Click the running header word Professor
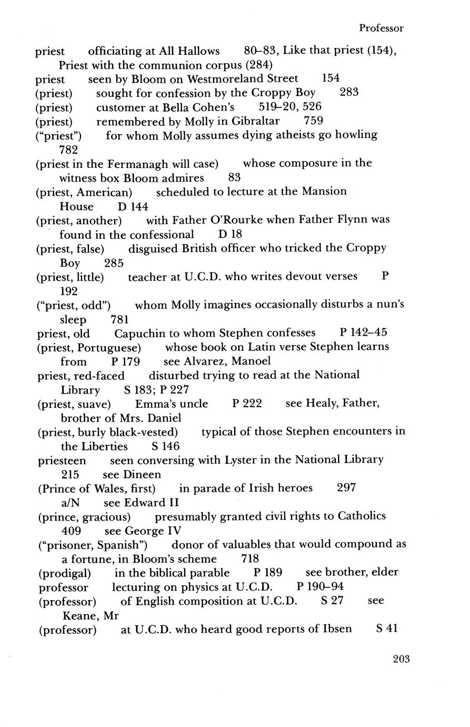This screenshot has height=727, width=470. pyautogui.click(x=382, y=28)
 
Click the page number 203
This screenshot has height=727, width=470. pyautogui.click(x=401, y=658)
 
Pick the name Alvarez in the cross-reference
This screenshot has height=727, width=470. pyautogui.click(x=205, y=361)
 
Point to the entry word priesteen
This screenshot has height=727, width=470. pyautogui.click(x=62, y=460)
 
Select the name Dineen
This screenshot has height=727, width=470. pyautogui.click(x=142, y=474)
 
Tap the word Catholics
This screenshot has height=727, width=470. pyautogui.click(x=362, y=516)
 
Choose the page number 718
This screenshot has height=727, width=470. pyautogui.click(x=250, y=558)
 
